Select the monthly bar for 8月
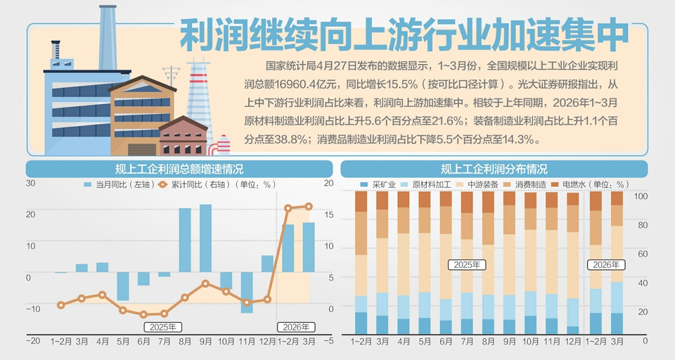click(x=185, y=240)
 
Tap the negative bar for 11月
click(x=247, y=292)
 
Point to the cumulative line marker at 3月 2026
click(x=309, y=207)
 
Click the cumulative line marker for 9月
click(x=205, y=283)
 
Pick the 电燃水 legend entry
click(x=570, y=184)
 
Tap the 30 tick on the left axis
click(x=30, y=184)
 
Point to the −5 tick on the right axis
click(x=329, y=340)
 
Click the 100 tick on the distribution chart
click(x=640, y=196)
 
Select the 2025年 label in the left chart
click(x=162, y=326)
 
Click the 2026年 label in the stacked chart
click(x=606, y=265)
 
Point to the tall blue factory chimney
click(x=108, y=35)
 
